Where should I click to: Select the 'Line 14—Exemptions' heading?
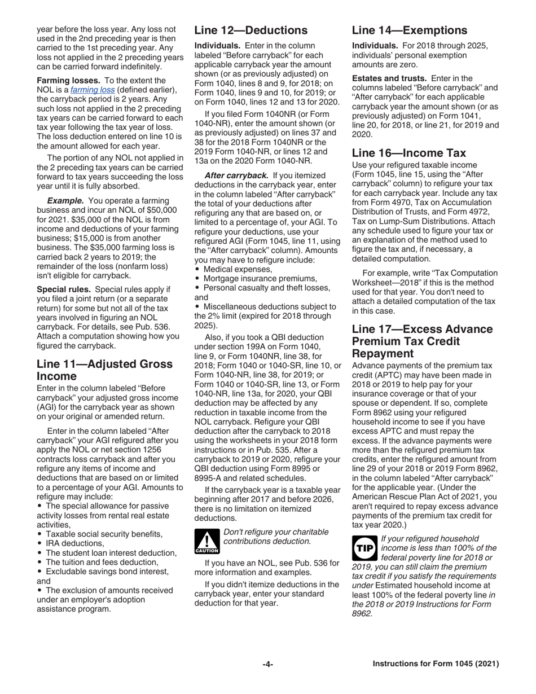[410, 30]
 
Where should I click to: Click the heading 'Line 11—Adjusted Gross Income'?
[104, 370]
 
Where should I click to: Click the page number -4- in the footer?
[268, 664]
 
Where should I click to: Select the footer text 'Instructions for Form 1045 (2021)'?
[436, 664]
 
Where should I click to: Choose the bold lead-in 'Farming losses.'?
[64, 81]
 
